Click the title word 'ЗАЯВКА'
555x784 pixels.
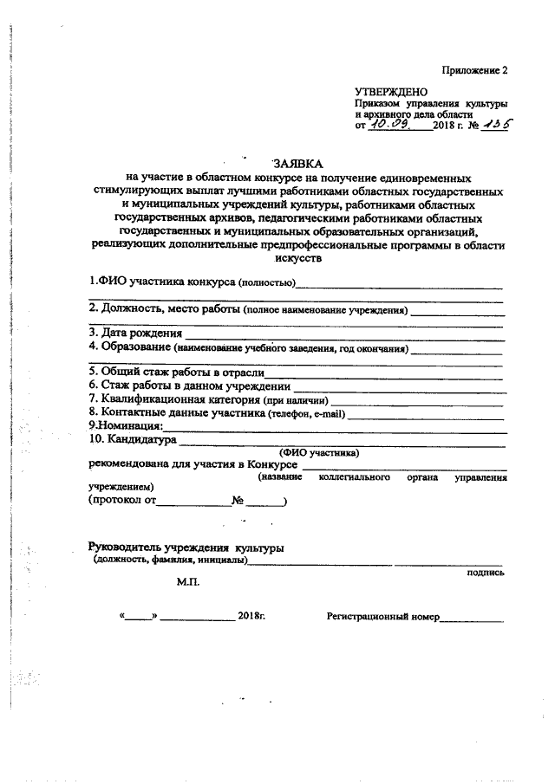click(297, 162)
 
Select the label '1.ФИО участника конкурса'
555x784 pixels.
click(160, 282)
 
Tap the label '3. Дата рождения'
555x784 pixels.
click(136, 333)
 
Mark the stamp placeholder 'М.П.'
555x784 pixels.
click(188, 583)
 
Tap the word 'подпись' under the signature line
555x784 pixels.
click(485, 573)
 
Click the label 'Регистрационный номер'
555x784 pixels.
click(382, 618)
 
